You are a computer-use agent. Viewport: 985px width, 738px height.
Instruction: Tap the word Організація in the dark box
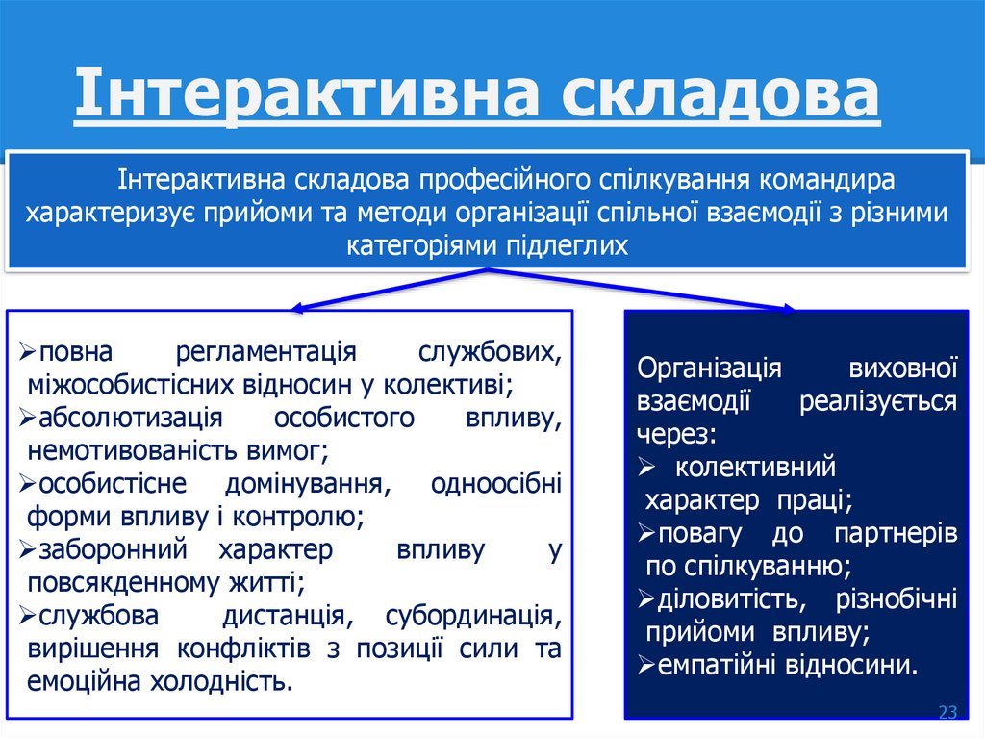tap(709, 369)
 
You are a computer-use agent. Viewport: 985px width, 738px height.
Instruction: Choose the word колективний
tap(755, 468)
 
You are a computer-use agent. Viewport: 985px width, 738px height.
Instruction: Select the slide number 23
tap(947, 712)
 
